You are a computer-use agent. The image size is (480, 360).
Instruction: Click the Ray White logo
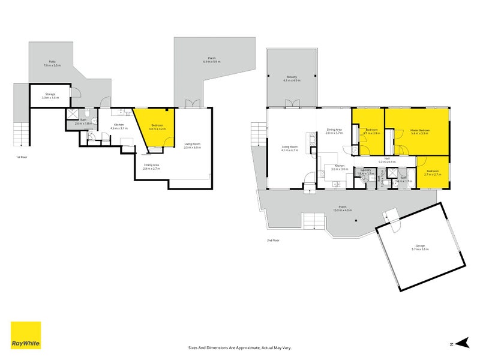click(x=26, y=335)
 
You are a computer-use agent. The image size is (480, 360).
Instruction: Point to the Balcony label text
click(x=291, y=78)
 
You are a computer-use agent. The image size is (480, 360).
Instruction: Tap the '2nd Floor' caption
click(x=274, y=240)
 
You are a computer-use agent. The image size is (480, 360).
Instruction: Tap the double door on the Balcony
click(x=292, y=104)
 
